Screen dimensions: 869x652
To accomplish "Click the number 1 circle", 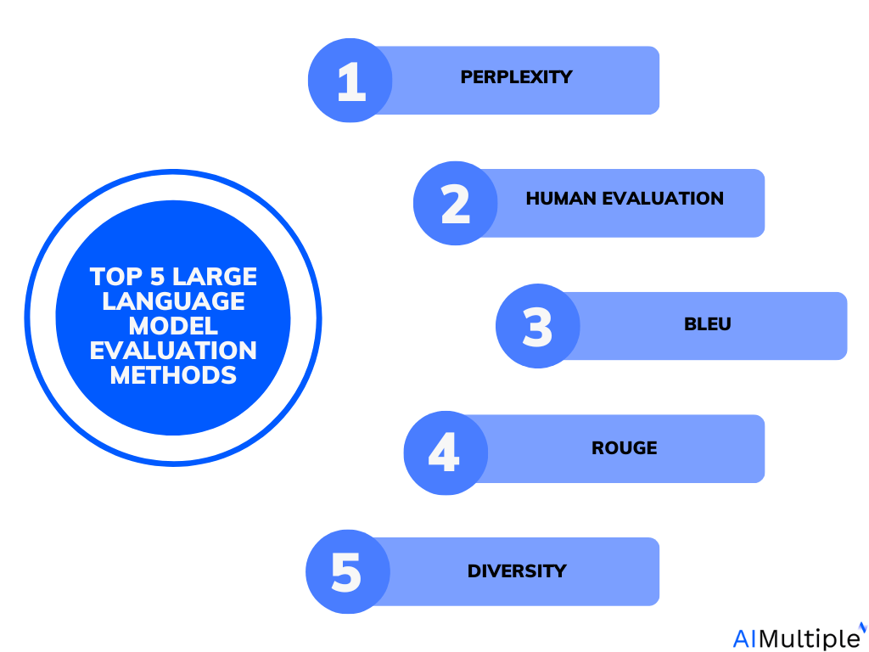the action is click(350, 81).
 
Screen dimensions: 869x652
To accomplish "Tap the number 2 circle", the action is click(456, 204).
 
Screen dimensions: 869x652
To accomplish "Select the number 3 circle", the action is click(537, 327).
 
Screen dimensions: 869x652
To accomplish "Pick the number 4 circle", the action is click(445, 452).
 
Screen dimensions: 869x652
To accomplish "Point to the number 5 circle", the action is click(347, 572).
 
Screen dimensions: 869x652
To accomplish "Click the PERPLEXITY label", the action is click(516, 77).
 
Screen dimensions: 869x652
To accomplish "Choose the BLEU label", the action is click(707, 324).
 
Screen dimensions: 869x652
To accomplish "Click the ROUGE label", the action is click(624, 448).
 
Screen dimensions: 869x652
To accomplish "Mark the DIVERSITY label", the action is click(516, 571).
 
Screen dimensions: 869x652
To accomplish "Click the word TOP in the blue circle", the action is click(116, 277).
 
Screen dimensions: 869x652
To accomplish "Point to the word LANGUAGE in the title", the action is click(173, 301).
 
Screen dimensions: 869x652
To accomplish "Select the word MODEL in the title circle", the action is click(173, 326).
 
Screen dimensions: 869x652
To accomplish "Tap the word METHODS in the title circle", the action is click(173, 375).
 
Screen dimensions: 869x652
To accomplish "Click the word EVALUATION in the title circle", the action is click(173, 351).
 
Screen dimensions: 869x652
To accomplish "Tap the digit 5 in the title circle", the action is click(159, 277).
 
